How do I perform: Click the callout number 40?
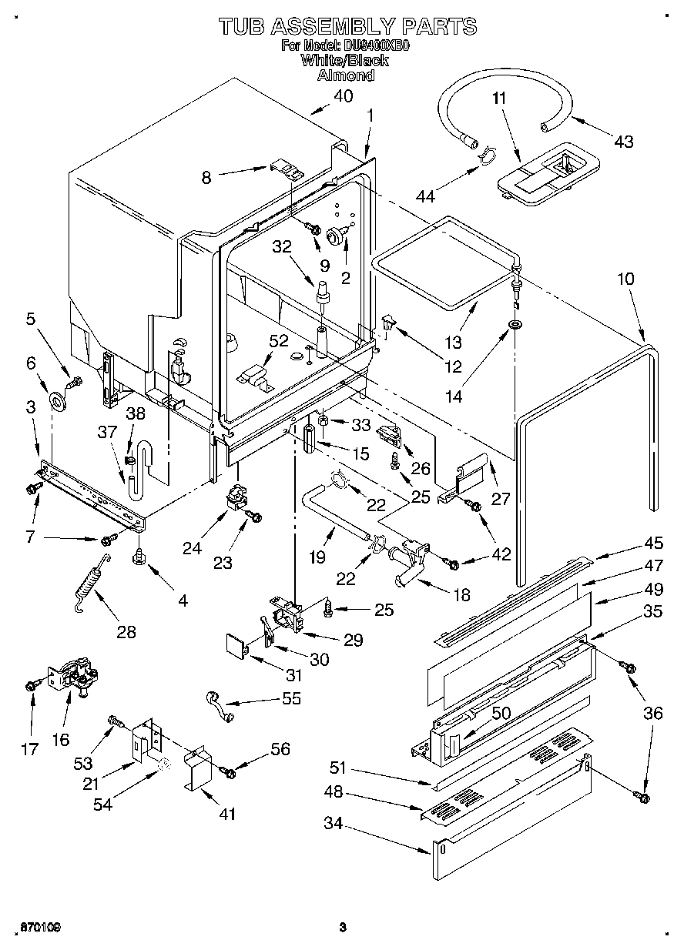click(344, 96)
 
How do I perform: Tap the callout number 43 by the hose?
click(624, 141)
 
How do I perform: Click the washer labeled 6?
click(59, 399)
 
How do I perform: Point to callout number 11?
click(499, 98)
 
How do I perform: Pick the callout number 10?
click(626, 279)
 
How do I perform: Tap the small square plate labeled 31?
click(236, 644)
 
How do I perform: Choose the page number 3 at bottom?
click(343, 927)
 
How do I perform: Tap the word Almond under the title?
click(346, 75)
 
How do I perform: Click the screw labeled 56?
click(226, 771)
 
